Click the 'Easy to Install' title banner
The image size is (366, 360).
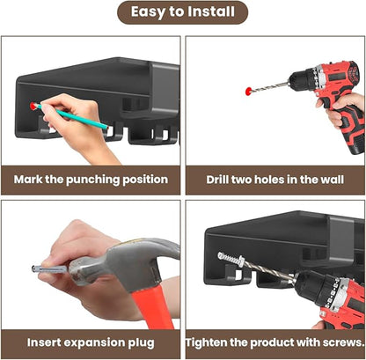coord(182,12)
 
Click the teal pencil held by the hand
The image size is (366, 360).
coord(72,116)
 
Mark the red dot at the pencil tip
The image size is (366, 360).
coord(33,106)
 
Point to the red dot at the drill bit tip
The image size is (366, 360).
coord(249,91)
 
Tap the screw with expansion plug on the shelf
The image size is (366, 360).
coord(231,259)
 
